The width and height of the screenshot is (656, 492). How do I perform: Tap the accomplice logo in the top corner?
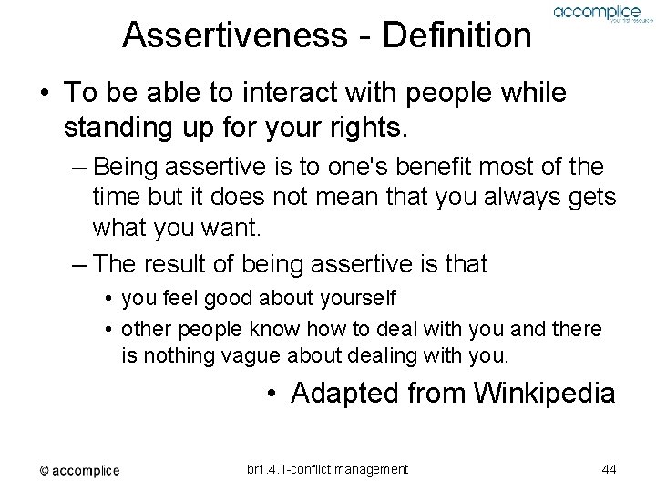coord(597,15)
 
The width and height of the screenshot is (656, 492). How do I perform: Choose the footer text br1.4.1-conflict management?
coord(327,469)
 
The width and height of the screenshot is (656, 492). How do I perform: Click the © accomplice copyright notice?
coord(79,470)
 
